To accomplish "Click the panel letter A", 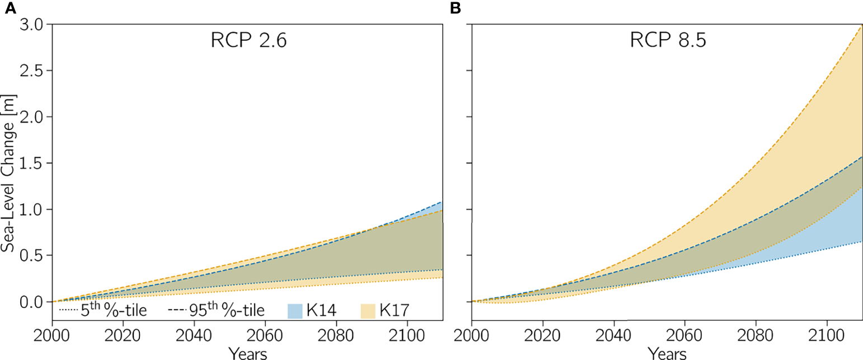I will [x=8, y=8].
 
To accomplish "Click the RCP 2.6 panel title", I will [x=248, y=42].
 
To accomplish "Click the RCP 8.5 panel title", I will [x=667, y=42].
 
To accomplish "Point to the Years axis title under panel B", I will [x=667, y=353].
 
